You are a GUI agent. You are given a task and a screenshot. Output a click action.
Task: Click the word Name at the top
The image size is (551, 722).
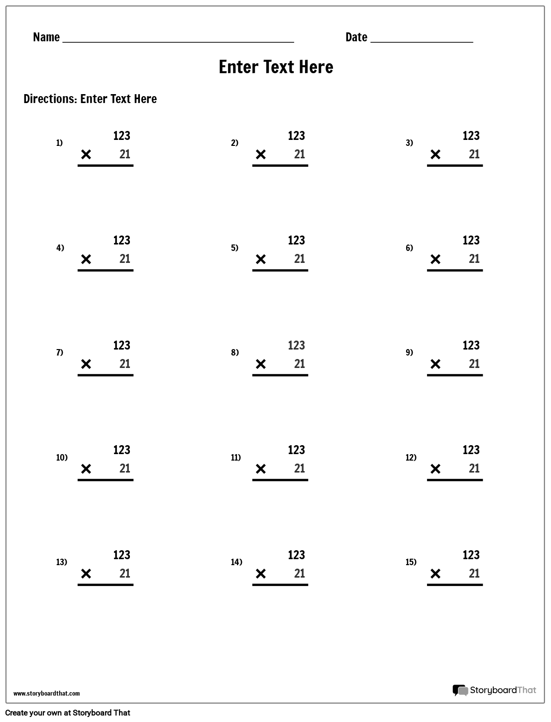(46, 37)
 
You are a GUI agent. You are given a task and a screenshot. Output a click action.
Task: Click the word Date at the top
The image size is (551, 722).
(356, 37)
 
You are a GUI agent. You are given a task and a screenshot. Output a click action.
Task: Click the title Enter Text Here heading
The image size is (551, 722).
(276, 67)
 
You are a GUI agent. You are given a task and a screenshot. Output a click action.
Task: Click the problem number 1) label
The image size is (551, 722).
(59, 143)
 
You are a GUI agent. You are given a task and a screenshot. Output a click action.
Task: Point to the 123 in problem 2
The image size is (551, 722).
(296, 136)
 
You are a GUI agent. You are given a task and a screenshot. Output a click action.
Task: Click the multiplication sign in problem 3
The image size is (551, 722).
(435, 154)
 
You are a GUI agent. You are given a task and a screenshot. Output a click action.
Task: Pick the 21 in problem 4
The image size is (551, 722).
(125, 259)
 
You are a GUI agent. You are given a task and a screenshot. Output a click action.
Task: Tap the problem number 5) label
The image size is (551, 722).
(234, 247)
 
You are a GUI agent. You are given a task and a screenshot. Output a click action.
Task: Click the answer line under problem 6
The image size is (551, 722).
(455, 270)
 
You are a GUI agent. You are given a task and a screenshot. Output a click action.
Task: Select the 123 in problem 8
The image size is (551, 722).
(296, 346)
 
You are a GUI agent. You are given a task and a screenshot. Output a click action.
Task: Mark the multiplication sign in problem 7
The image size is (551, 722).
(86, 364)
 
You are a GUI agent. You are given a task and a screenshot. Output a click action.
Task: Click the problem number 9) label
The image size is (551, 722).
(409, 353)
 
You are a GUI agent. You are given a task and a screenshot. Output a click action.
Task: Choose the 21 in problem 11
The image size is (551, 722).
(300, 469)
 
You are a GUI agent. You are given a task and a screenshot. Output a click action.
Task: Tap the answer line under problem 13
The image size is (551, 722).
(106, 585)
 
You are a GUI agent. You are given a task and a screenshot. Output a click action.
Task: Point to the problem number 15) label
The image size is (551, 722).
(411, 562)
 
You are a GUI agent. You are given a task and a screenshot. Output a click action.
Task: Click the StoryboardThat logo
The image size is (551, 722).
(494, 690)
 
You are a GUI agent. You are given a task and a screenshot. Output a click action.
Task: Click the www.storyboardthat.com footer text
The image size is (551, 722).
(46, 694)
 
